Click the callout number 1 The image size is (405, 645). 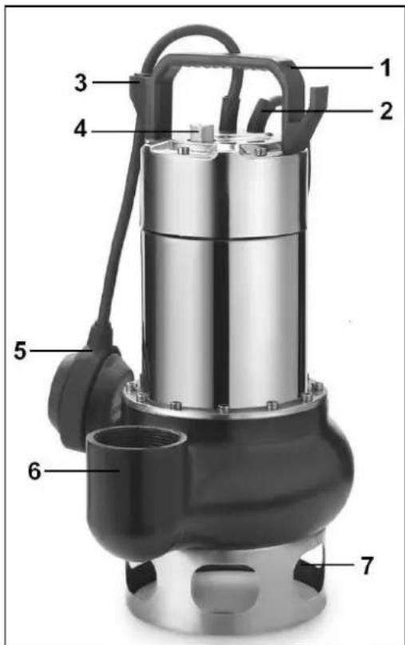385,68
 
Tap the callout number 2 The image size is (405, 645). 386,110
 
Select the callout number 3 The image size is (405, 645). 81,82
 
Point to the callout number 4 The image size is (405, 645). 81,129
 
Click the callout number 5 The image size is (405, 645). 20,351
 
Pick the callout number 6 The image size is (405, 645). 34,471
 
